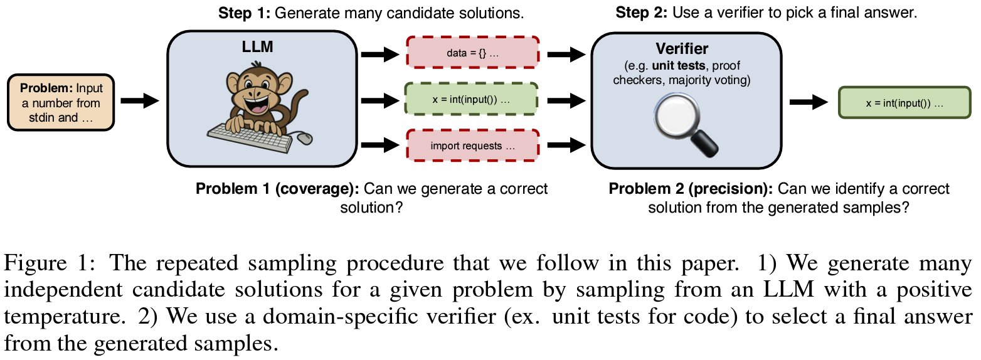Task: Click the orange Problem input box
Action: (61, 102)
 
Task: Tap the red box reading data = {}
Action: (472, 53)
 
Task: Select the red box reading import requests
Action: (472, 146)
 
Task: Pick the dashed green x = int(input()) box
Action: (471, 99)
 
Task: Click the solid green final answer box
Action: (904, 102)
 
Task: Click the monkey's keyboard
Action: (250, 137)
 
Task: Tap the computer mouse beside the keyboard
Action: (305, 139)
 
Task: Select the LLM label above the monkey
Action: (258, 46)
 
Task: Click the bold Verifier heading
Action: (682, 48)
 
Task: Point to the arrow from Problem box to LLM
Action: (140, 101)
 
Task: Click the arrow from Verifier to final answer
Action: (809, 102)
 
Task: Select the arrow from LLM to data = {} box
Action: (380, 55)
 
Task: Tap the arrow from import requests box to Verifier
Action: (566, 144)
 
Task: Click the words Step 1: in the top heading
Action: (245, 13)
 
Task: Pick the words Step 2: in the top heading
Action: (642, 13)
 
